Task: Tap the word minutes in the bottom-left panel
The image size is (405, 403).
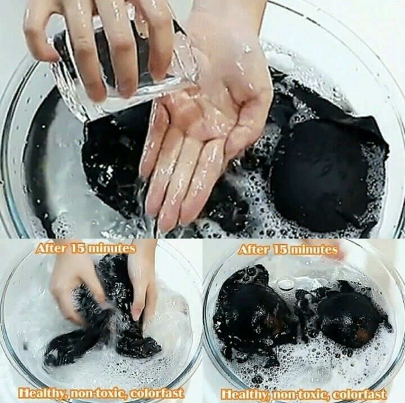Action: tap(112, 249)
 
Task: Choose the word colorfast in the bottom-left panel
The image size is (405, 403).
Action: tap(157, 393)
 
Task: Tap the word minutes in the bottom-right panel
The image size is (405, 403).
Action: tap(314, 250)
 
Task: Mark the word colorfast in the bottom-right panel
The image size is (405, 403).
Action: tap(359, 394)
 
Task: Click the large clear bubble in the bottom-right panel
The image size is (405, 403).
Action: tap(285, 283)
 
